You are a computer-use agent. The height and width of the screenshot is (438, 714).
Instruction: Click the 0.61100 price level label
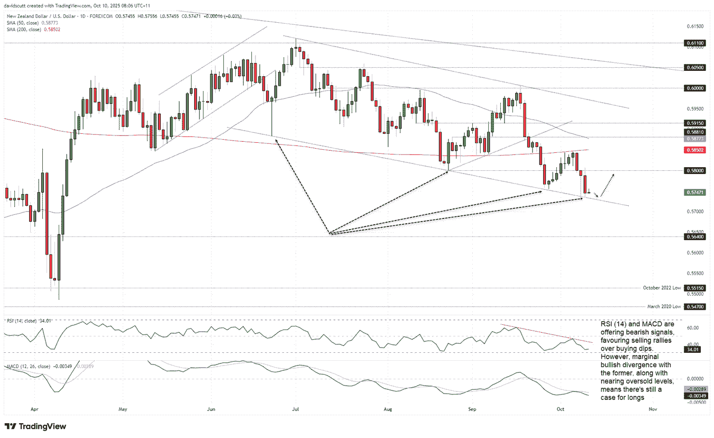pos(695,43)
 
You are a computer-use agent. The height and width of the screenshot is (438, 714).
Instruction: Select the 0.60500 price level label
pos(695,68)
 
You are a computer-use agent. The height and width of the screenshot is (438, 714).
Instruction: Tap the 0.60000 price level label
pos(695,88)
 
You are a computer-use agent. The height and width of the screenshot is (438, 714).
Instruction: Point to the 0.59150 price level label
pos(695,123)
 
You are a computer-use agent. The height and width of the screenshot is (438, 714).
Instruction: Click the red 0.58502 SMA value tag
pos(695,150)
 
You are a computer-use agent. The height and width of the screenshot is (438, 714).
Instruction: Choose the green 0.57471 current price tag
pos(695,193)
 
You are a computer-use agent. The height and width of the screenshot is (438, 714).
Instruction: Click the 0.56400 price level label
pos(695,237)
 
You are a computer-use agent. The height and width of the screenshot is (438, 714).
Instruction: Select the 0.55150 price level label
pos(695,288)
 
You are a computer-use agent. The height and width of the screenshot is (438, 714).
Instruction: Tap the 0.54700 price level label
pos(695,306)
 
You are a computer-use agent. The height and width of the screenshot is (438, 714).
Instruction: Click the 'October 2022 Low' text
pos(661,288)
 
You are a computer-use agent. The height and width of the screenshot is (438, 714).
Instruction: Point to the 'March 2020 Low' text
pos(664,306)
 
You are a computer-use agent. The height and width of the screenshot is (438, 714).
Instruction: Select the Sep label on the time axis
pos(472,409)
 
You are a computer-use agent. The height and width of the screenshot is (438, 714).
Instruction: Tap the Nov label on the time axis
pos(653,409)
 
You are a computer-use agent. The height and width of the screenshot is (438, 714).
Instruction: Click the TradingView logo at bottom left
pos(35,426)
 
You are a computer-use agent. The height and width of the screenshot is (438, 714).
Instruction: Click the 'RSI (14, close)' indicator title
pos(21,321)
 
